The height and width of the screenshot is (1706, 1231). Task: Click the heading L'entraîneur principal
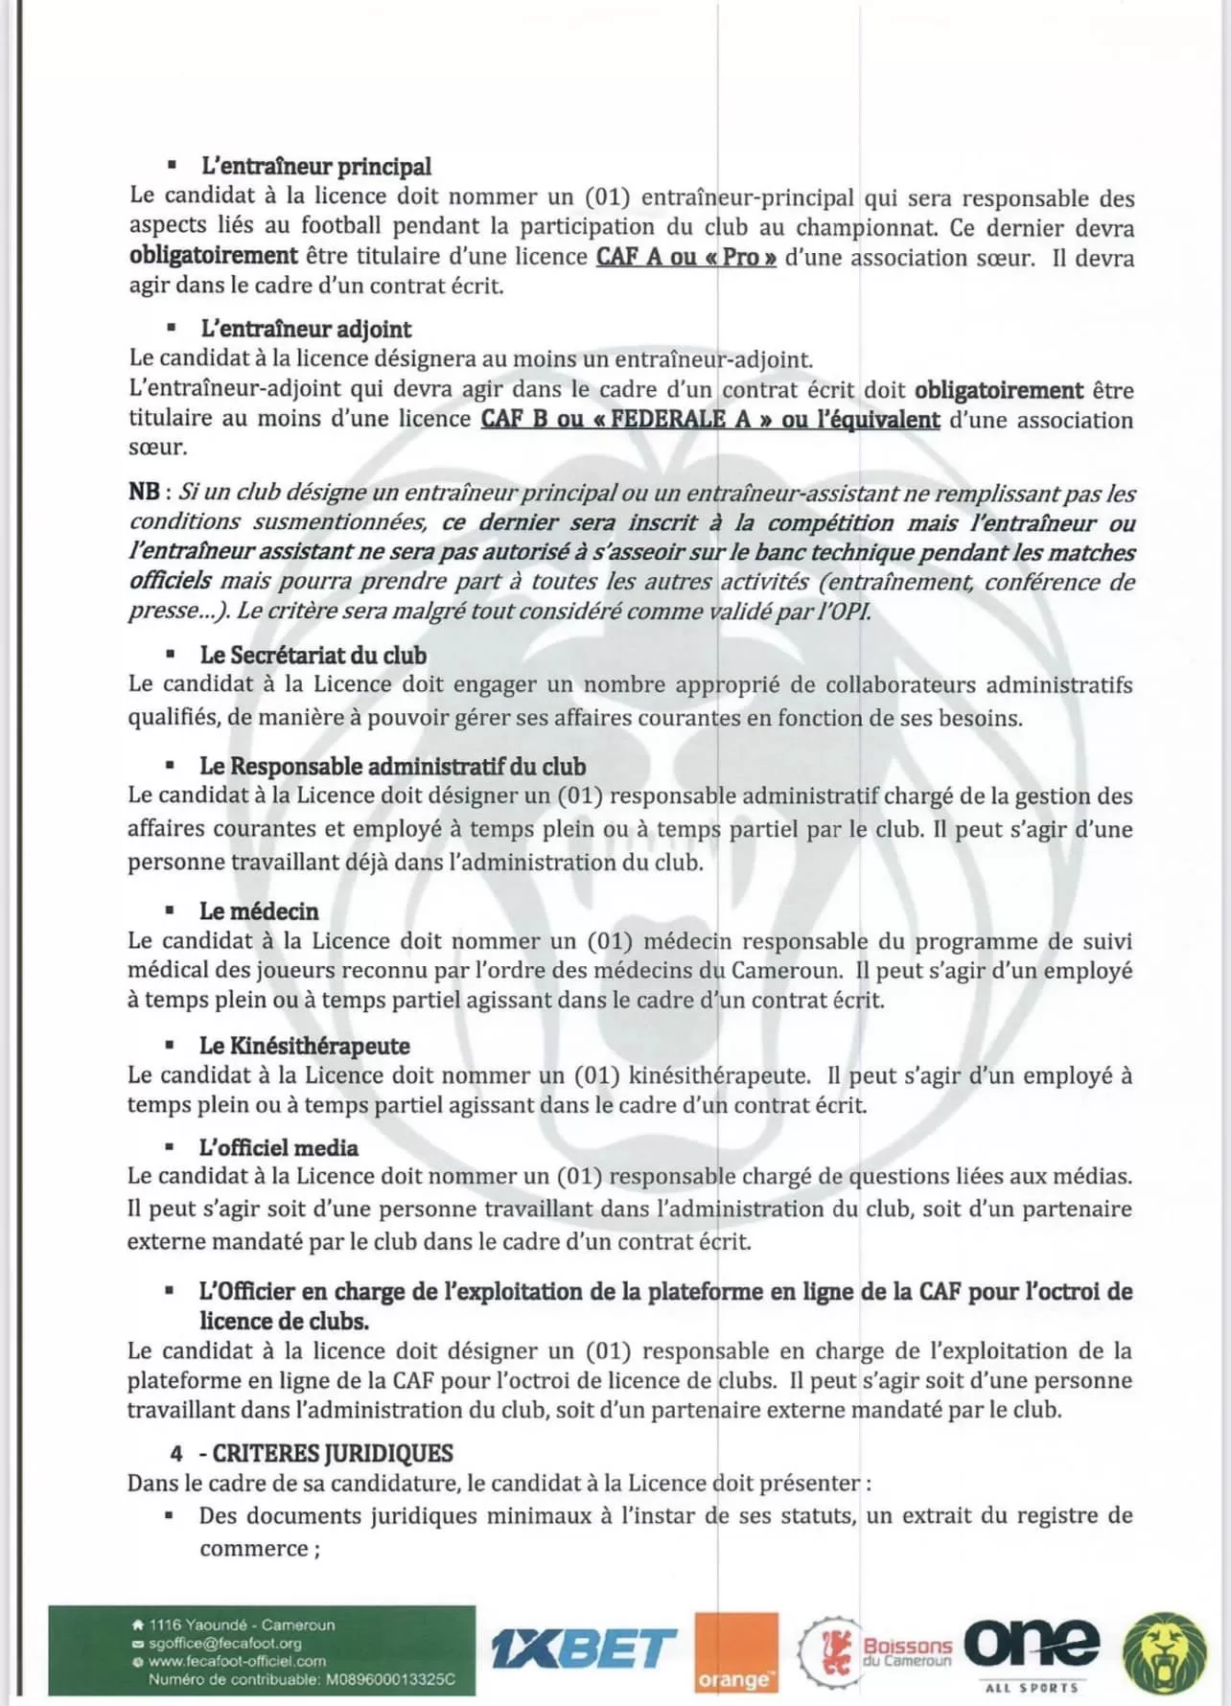point(315,167)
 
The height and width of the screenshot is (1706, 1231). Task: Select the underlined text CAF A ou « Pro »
point(685,257)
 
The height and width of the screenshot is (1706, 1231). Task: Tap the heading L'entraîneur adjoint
point(305,330)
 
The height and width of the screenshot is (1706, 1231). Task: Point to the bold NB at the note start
point(145,492)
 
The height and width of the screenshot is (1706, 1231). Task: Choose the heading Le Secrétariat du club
point(313,656)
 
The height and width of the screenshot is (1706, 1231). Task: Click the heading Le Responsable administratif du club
point(392,767)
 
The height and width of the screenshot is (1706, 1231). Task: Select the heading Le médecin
point(259,911)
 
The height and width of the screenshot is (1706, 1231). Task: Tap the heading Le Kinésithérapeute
point(304,1046)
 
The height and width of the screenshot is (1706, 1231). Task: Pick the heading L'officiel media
point(278,1148)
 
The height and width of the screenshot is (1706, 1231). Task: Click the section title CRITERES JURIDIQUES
point(332,1454)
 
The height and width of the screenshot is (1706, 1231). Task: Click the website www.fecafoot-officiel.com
point(237,1661)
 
